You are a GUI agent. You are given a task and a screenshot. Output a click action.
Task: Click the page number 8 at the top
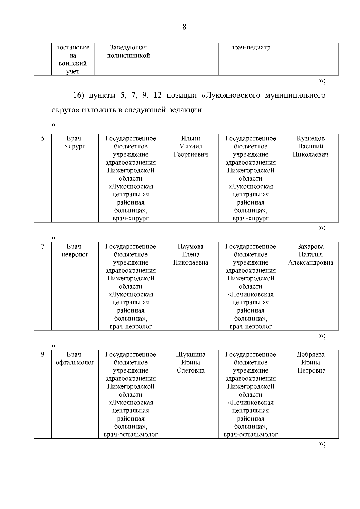click(184, 27)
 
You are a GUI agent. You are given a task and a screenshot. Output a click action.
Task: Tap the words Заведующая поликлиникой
click(128, 52)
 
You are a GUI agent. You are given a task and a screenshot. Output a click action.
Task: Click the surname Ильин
click(190, 139)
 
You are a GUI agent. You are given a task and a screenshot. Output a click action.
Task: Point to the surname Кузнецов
click(310, 139)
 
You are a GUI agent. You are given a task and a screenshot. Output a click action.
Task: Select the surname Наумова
click(190, 247)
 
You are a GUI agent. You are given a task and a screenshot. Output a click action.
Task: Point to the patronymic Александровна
click(310, 263)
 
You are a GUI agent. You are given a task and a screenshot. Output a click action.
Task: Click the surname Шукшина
click(190, 355)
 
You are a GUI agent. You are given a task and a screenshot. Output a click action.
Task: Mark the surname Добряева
click(310, 355)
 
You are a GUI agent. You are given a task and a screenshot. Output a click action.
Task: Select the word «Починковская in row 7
click(250, 295)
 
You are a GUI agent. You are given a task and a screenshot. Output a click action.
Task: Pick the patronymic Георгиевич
click(190, 155)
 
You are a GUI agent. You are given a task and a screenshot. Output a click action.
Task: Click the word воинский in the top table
click(73, 64)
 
